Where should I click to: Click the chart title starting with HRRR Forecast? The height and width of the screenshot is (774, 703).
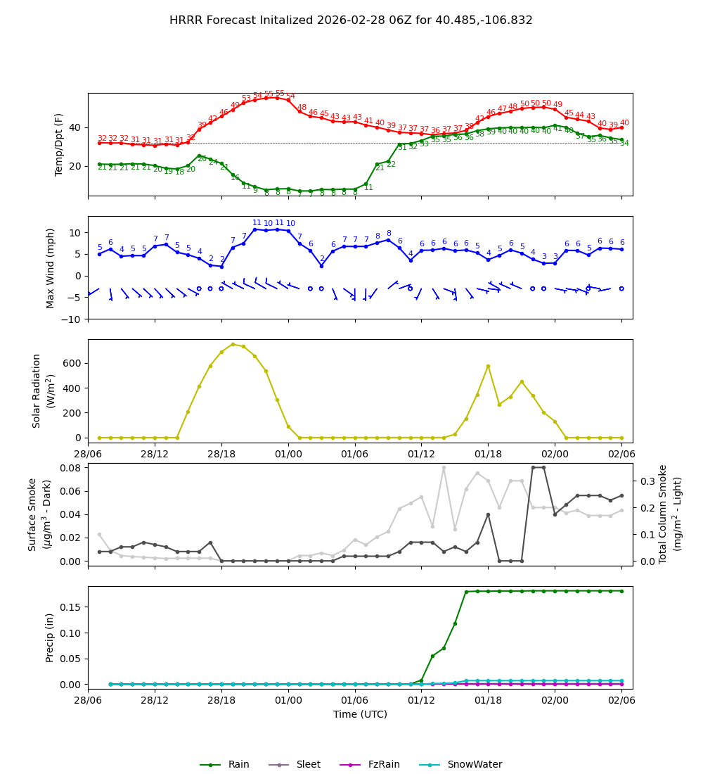[351, 20]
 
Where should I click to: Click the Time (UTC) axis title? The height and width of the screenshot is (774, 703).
[360, 714]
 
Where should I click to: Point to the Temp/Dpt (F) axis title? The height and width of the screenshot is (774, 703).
[60, 144]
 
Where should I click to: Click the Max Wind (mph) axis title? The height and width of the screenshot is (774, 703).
[51, 267]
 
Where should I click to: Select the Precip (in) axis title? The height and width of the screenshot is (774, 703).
[50, 637]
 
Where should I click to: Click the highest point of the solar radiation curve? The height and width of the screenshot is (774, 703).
[233, 344]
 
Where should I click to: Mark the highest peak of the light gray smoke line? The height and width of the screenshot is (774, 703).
[444, 467]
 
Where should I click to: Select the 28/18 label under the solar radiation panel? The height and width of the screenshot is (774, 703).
[221, 450]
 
